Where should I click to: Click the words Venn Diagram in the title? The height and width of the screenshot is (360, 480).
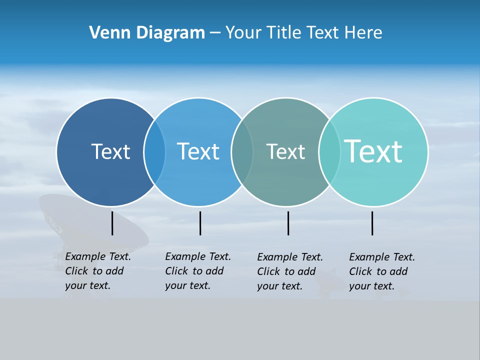coord(147,33)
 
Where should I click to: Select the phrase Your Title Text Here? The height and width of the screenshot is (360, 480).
coord(303,33)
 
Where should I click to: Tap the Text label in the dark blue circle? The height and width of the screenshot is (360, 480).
coord(110,151)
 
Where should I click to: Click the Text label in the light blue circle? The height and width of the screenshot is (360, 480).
coord(198,151)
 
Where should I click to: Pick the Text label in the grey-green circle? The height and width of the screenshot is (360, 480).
coord(285,151)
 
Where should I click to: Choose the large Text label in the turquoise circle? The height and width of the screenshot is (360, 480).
coord(373,151)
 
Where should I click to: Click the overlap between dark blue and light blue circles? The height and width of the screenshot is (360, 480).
coord(154,151)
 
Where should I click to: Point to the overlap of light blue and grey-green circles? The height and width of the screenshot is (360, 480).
coord(242,151)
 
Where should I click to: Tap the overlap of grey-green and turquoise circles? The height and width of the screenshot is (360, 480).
coord(329,151)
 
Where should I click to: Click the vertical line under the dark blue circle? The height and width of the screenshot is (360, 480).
coord(112,223)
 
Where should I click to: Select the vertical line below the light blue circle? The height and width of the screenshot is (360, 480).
coord(200,223)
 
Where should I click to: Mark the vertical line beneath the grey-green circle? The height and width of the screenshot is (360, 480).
coord(288,223)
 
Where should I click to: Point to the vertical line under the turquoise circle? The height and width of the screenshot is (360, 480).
coord(372,223)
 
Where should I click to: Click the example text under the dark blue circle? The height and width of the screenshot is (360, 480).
coord(97,271)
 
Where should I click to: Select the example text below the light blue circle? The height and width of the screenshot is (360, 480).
coord(197,271)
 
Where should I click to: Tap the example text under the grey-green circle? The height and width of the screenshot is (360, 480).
coord(289,271)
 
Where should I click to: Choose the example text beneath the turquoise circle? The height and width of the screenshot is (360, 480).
coord(381,271)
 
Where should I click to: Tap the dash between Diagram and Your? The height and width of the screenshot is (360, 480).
coord(215,33)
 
